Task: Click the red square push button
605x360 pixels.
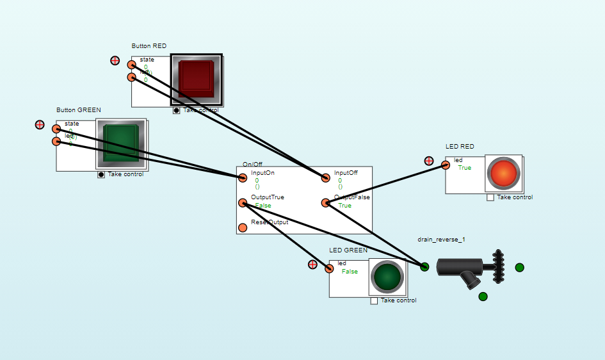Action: coord(196,79)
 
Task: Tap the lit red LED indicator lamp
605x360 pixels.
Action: coord(503,174)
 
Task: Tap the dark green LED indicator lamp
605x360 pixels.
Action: coord(387,277)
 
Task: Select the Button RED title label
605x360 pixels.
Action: coord(149,46)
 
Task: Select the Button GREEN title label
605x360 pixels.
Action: coord(79,110)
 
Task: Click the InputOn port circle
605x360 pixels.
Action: coord(243,177)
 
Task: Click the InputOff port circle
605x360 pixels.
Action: coord(326,177)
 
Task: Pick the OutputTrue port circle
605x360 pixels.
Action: coord(243,203)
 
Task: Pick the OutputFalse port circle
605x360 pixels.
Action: coord(326,203)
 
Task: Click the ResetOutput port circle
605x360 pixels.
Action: coord(243,227)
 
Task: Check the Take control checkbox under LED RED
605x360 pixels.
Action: coord(490,197)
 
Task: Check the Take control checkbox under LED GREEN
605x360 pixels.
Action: coord(374,300)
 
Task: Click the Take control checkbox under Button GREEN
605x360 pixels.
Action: coord(101,175)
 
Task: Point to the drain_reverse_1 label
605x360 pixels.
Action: coord(441,240)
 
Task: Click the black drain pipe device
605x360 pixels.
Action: coord(461,267)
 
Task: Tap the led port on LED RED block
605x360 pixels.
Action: coord(446,165)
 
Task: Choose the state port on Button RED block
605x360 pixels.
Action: coord(131,65)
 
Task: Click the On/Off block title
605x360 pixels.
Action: coord(252,165)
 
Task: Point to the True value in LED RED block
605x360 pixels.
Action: coord(464,168)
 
